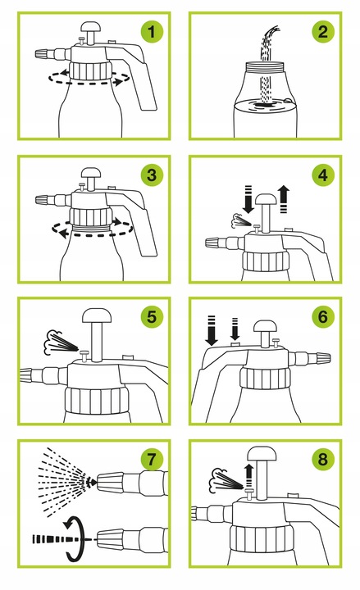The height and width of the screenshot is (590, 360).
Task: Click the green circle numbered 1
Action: point(152,32)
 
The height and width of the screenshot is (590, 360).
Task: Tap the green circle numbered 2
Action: point(323,32)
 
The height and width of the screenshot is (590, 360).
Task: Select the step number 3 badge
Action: point(152,175)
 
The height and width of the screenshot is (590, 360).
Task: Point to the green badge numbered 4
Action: point(323,175)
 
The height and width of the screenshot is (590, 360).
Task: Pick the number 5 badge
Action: point(152,317)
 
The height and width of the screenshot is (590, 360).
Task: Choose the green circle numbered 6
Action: point(323,317)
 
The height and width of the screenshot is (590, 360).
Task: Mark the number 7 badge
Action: point(152,460)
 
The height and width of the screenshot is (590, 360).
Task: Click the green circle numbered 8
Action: point(323,460)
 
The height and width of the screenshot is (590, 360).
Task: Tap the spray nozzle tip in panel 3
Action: point(43,200)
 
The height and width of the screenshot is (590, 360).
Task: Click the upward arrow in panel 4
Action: point(284,199)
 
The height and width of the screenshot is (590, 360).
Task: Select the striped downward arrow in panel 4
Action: point(248,199)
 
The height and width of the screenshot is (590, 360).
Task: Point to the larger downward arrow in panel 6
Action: point(212,331)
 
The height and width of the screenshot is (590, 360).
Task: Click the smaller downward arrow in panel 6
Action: point(235,329)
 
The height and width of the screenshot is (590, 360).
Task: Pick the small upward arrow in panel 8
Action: point(248,476)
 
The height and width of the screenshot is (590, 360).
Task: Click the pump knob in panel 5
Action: point(97,316)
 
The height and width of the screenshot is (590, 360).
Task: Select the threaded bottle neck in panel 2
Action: point(267,66)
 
